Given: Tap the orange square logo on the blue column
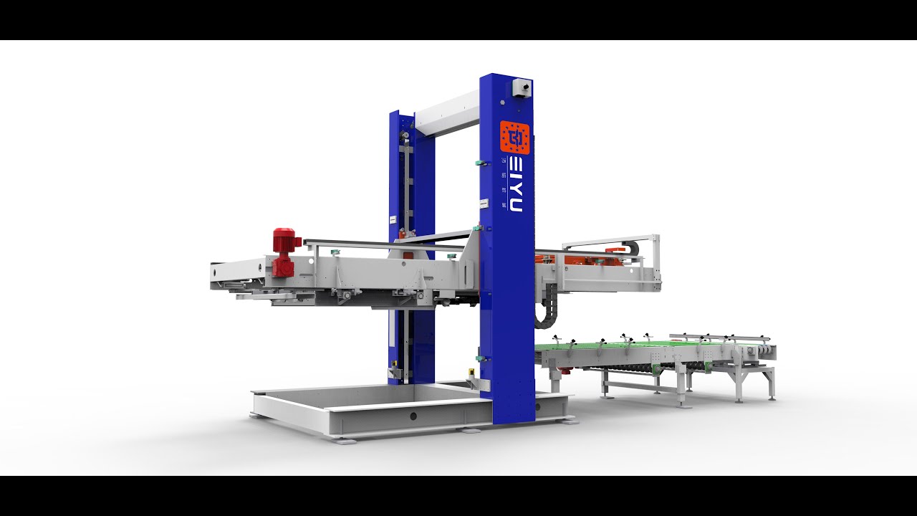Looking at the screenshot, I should [514, 138].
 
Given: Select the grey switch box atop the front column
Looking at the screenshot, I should [522, 88].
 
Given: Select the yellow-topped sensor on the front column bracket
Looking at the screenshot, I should [471, 373].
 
